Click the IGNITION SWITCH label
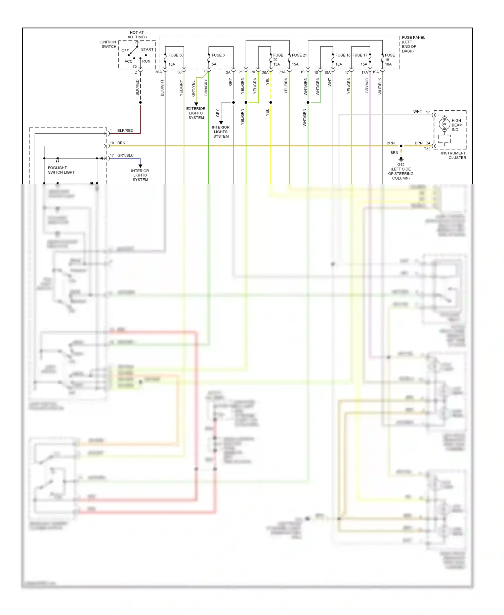click(108, 44)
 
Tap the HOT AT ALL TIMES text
click(137, 35)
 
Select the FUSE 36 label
click(176, 55)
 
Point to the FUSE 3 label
click(218, 55)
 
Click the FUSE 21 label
click(299, 55)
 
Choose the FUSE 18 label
click(343, 55)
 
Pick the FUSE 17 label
click(360, 55)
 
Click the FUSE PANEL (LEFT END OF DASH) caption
click(413, 44)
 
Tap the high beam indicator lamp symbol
click(444, 124)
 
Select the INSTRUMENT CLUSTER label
click(453, 155)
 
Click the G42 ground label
click(401, 165)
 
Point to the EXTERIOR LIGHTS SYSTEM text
click(196, 113)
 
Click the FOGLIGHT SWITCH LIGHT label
click(61, 170)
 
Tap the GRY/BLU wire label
click(125, 155)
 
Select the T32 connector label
click(427, 149)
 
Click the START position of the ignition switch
click(147, 49)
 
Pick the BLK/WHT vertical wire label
click(162, 88)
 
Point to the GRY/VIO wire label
click(367, 85)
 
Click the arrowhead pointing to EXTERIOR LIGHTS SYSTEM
click(196, 104)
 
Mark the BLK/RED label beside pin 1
click(125, 131)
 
